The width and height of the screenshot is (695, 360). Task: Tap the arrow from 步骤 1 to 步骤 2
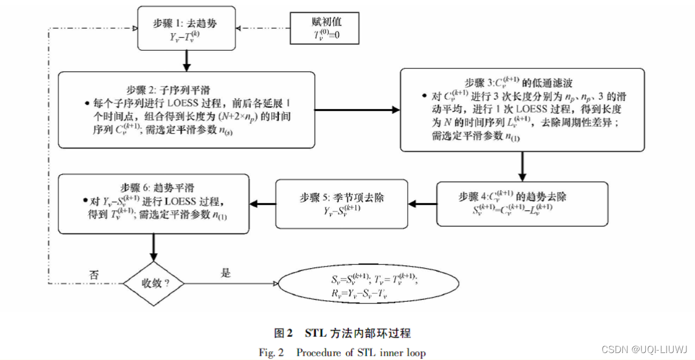click(186, 60)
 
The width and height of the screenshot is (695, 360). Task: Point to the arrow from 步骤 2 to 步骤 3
click(356, 109)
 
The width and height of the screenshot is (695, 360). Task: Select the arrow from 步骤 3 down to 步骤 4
click(522, 166)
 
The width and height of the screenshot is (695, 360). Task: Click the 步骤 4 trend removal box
click(522, 204)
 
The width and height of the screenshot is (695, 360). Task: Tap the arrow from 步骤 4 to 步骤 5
click(422, 203)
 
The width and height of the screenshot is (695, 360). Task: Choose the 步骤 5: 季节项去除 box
click(341, 203)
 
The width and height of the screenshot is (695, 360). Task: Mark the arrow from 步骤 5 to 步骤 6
click(262, 203)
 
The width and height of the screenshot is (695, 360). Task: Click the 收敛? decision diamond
click(154, 283)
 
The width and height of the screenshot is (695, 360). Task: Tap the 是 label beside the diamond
click(226, 273)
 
